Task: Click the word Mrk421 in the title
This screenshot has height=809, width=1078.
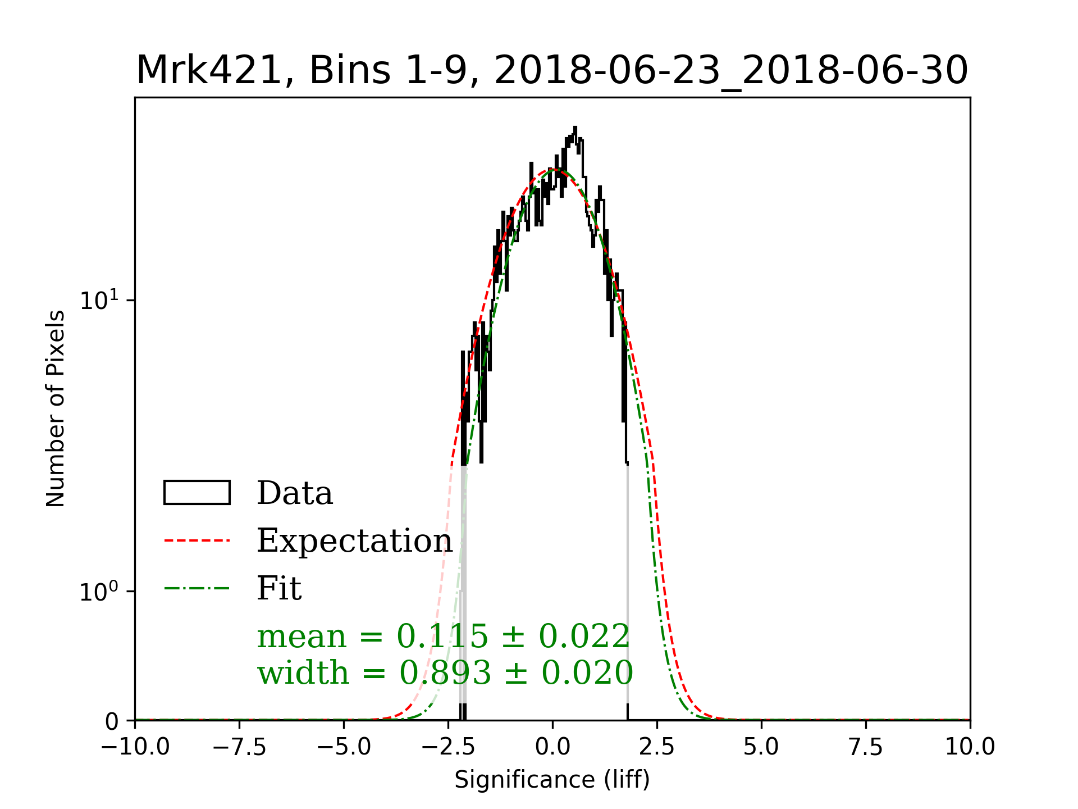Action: [208, 71]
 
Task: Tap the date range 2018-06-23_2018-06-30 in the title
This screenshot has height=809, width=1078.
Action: [731, 71]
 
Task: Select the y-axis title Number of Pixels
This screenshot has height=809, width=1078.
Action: [56, 408]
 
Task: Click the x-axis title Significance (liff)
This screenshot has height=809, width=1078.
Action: [552, 780]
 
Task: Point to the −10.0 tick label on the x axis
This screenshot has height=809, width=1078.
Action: [135, 747]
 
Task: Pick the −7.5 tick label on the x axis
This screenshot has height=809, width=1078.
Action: [239, 747]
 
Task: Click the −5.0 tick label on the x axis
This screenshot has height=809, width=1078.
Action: [344, 747]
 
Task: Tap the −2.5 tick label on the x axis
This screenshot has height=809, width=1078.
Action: [448, 747]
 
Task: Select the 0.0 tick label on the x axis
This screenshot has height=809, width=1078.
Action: [552, 747]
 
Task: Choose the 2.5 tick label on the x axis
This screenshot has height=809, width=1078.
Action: [657, 747]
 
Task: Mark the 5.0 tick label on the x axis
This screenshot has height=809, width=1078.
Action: [761, 747]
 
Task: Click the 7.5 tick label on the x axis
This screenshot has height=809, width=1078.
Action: [866, 747]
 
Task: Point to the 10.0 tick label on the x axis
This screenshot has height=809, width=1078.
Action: [970, 747]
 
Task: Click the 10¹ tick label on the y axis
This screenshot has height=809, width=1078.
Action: [99, 300]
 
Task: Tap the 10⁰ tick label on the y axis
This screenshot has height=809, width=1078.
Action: [99, 592]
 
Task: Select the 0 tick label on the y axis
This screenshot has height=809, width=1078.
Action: [112, 721]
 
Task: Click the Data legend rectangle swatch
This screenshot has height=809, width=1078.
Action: [197, 493]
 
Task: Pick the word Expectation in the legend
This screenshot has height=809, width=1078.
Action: [354, 540]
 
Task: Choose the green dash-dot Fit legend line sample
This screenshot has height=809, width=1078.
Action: [197, 588]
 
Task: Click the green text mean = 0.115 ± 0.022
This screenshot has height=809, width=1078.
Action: [444, 637]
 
